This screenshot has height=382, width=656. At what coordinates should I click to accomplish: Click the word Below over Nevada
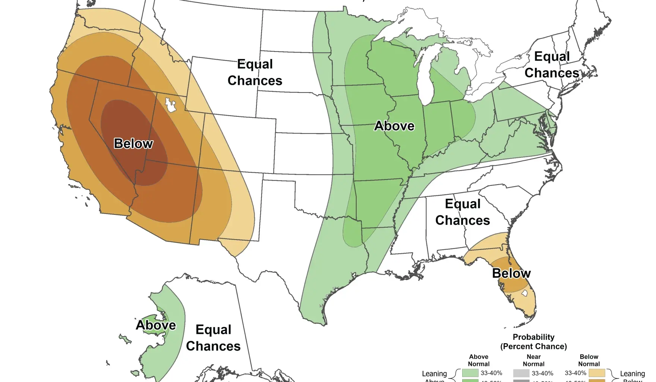(133, 144)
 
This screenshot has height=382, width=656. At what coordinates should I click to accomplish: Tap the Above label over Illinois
(394, 126)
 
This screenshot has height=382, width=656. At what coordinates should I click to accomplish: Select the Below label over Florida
(511, 273)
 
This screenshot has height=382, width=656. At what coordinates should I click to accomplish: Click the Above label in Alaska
(156, 325)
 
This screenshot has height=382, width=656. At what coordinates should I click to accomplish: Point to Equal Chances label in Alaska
(213, 338)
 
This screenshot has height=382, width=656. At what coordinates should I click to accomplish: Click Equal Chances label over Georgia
(463, 212)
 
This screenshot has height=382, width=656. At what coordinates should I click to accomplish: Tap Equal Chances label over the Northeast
(552, 65)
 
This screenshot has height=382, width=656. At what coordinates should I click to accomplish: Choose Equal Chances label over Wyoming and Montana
(255, 72)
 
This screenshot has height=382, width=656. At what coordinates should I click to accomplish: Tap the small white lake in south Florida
(524, 293)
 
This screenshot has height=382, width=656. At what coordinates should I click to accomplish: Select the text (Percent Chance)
(533, 347)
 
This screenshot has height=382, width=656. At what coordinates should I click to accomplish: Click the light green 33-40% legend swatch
(470, 373)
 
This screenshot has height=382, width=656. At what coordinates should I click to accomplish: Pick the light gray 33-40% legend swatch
(521, 373)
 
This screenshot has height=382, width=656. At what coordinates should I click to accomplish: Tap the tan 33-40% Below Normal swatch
(597, 373)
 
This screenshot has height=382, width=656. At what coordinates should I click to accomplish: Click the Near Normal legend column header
(533, 360)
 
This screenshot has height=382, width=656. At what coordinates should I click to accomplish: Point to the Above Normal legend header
(479, 360)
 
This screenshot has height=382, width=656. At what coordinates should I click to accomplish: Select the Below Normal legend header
(589, 360)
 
